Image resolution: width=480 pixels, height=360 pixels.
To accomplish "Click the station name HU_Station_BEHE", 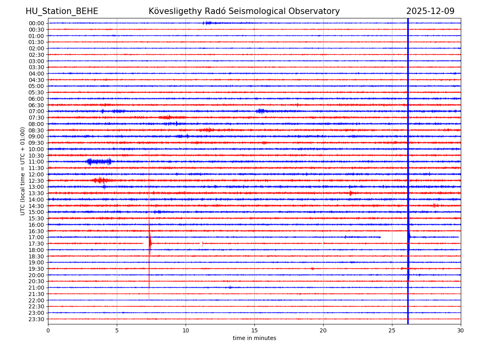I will [62, 12].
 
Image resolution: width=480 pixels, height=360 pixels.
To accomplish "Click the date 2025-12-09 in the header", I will [430, 12].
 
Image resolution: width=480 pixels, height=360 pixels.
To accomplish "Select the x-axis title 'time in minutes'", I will [254, 338].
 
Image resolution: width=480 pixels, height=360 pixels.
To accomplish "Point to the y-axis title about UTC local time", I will [23, 171].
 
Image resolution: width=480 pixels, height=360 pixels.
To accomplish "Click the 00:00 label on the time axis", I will [36, 23].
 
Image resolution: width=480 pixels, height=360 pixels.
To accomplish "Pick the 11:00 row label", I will [36, 162].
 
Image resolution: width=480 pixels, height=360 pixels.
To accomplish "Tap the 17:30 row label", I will [36, 244].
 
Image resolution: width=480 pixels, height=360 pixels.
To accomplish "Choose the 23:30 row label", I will [36, 319].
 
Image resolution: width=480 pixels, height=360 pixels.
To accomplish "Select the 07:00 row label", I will [36, 111].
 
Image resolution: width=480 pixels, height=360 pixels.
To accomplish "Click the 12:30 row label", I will [36, 181].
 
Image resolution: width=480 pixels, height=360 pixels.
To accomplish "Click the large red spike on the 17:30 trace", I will [150, 242].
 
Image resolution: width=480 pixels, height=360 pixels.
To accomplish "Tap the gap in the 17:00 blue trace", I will [394, 237].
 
